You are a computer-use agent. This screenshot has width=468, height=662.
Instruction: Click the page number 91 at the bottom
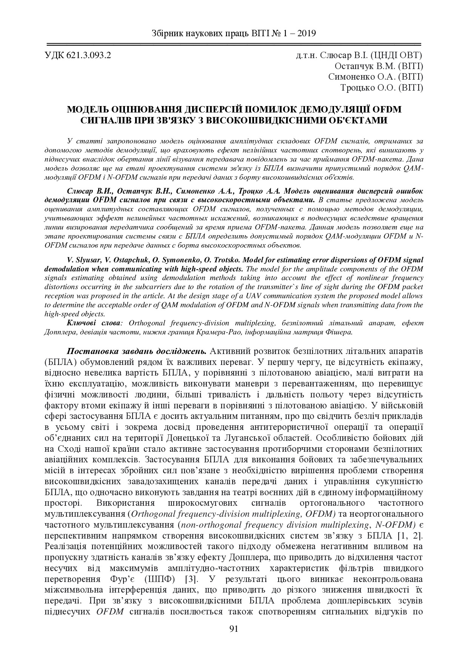(x=234, y=628)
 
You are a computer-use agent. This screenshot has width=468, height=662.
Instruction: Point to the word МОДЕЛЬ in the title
(x=87, y=110)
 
